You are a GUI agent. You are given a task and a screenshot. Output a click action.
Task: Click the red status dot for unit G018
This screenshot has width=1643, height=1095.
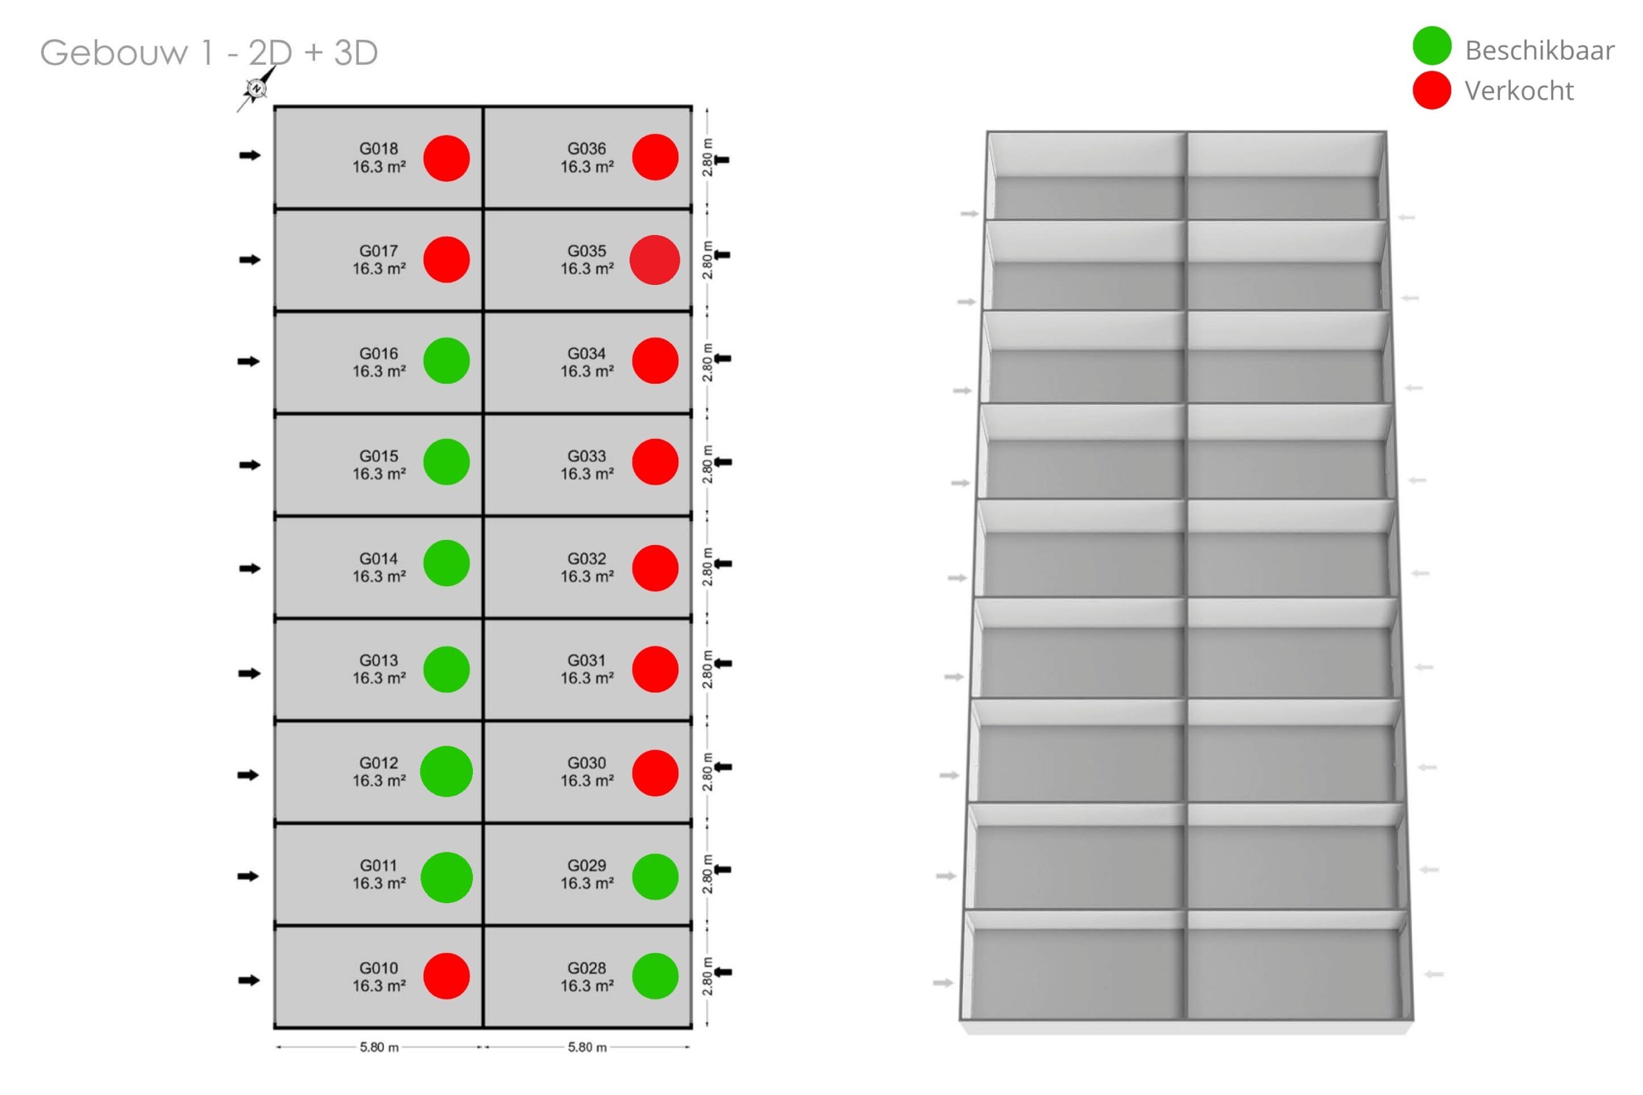(446, 159)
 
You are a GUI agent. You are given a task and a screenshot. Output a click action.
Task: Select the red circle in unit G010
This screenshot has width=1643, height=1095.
(446, 976)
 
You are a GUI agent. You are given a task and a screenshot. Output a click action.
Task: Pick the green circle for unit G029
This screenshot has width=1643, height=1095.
(655, 877)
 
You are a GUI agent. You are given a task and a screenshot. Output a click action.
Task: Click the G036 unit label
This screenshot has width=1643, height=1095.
(587, 149)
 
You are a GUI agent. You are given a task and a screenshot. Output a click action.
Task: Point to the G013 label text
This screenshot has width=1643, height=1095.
(379, 660)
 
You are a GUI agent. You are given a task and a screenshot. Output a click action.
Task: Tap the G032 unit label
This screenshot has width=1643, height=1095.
(587, 558)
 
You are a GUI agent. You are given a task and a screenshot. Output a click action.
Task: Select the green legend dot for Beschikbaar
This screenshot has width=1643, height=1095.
(1431, 46)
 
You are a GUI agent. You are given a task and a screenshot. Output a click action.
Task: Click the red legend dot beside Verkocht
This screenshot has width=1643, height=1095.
(1431, 90)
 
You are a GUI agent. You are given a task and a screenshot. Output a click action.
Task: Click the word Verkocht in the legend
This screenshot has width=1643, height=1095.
(1518, 91)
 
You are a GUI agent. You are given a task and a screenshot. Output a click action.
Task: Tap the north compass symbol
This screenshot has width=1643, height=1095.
(256, 89)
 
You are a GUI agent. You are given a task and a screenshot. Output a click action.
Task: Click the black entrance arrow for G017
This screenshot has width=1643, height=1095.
(249, 260)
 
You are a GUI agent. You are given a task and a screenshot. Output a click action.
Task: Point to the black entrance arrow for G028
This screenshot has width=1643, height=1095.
(722, 971)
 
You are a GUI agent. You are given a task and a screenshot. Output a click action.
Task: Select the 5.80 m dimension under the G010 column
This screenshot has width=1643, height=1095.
(379, 1048)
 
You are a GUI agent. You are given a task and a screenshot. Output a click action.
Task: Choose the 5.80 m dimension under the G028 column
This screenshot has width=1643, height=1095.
(587, 1048)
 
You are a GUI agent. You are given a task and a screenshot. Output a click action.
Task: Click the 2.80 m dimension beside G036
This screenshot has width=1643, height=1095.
(707, 158)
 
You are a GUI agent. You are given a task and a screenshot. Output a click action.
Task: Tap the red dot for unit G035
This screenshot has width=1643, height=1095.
(655, 260)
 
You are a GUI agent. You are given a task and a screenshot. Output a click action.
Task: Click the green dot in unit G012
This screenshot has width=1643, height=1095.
(446, 772)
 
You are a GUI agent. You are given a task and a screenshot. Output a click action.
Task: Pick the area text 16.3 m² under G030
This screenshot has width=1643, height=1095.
(587, 780)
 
